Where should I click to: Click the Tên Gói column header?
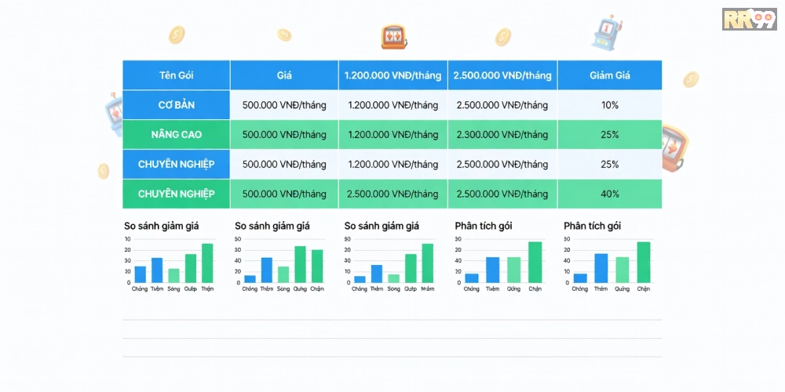pyautogui.click(x=176, y=75)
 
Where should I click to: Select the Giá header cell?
pyautogui.click(x=284, y=75)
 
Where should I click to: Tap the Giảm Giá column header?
pyautogui.click(x=610, y=75)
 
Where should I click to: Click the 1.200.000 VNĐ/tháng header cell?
pyautogui.click(x=392, y=75)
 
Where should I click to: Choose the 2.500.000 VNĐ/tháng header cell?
pyautogui.click(x=502, y=75)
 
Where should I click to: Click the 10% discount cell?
pyautogui.click(x=610, y=105)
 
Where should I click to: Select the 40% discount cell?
pyautogui.click(x=610, y=194)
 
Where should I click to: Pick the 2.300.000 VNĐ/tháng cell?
pyautogui.click(x=502, y=135)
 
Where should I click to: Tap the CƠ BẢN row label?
pyautogui.click(x=176, y=105)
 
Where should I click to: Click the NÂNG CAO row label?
pyautogui.click(x=176, y=135)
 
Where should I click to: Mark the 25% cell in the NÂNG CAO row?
pyautogui.click(x=610, y=135)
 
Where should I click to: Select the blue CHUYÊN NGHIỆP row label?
pyautogui.click(x=176, y=165)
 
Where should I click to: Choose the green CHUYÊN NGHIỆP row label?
pyautogui.click(x=176, y=194)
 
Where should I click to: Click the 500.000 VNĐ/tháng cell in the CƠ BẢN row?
pyautogui.click(x=284, y=105)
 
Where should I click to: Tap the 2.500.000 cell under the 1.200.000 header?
pyautogui.click(x=392, y=194)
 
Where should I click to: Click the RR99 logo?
pyautogui.click(x=748, y=19)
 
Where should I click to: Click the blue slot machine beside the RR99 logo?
pyautogui.click(x=607, y=31)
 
